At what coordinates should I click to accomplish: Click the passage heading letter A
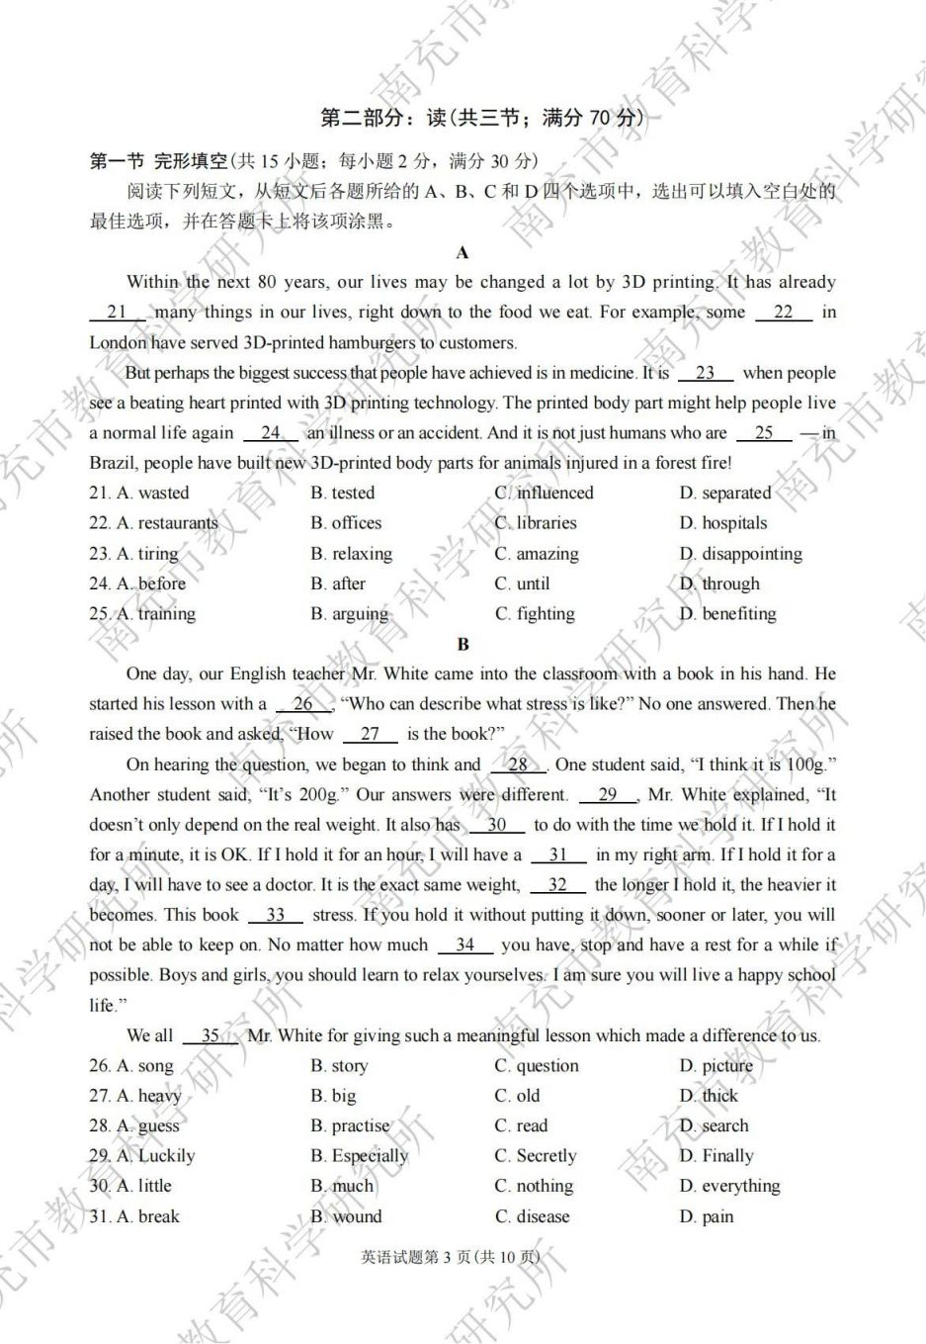coord(463,252)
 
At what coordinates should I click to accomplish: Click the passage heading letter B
coord(463,644)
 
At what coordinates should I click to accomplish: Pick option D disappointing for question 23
coord(740,554)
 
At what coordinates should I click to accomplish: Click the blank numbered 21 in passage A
coord(118,313)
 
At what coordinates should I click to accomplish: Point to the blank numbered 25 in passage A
coord(763,433)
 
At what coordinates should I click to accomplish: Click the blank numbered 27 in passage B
coord(371,734)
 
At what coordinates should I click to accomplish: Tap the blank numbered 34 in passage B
coord(464,945)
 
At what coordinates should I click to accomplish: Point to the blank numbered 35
coord(210,1035)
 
